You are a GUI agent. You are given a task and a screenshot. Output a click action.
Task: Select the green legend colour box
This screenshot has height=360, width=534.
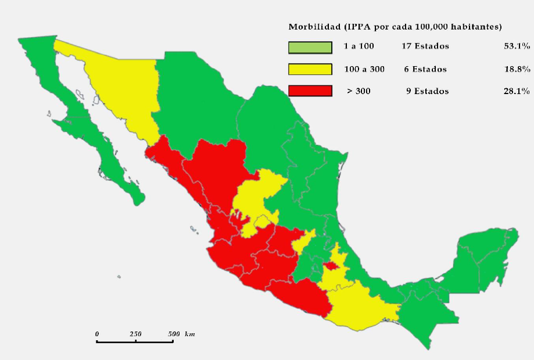310,47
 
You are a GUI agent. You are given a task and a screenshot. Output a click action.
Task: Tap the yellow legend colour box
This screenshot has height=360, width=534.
310,69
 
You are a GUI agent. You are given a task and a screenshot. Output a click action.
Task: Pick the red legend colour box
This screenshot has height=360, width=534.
310,91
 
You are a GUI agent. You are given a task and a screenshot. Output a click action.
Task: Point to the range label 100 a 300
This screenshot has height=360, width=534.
364,69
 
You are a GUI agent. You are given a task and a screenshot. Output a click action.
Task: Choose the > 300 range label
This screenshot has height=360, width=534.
359,91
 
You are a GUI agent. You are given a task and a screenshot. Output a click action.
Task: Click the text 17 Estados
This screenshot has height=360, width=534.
425,46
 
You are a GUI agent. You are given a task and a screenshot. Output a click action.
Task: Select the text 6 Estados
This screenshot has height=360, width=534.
425,69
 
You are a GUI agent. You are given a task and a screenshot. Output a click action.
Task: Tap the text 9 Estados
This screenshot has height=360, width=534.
427,91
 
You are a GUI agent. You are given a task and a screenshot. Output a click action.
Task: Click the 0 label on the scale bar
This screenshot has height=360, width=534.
97,334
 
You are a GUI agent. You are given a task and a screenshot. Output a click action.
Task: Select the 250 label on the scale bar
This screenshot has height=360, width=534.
135,334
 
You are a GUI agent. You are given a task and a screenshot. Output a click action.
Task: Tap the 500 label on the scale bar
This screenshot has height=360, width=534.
173,334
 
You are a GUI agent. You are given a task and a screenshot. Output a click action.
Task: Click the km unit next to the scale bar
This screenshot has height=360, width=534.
190,334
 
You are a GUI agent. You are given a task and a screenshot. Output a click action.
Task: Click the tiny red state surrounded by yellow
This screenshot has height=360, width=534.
331,266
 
